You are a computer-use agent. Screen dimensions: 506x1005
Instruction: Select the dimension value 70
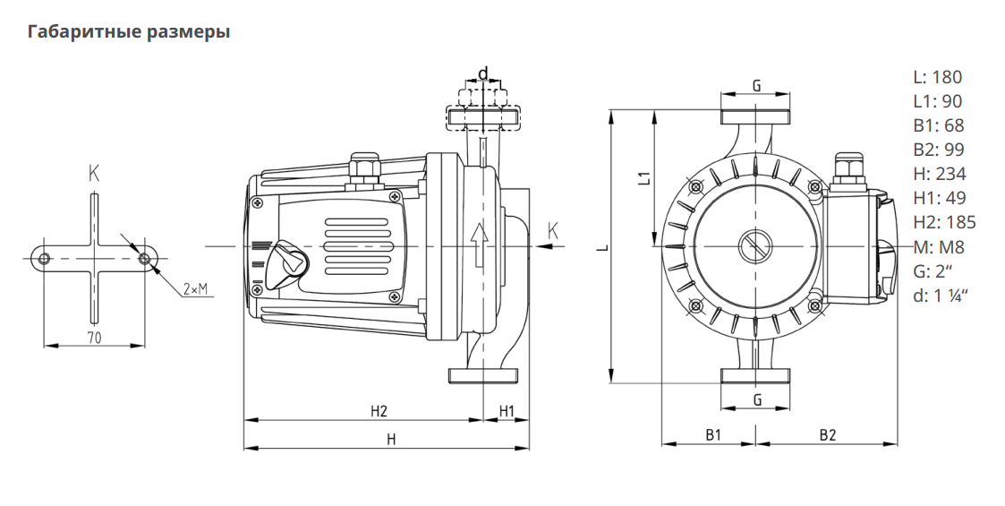click(x=93, y=338)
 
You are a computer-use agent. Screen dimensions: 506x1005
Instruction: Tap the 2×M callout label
click(x=195, y=289)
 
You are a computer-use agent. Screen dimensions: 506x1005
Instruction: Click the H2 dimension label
click(x=379, y=411)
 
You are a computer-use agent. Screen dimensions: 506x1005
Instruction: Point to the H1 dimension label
click(x=507, y=411)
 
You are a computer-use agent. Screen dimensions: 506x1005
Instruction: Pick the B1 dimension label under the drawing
click(x=713, y=435)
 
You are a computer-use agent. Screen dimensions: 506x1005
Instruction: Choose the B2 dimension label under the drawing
click(x=827, y=435)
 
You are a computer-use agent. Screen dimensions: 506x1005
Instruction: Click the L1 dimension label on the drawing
click(x=643, y=177)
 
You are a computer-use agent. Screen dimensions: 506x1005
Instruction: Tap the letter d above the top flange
click(x=483, y=73)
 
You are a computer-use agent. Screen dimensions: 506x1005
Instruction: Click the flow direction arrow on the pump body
click(x=480, y=236)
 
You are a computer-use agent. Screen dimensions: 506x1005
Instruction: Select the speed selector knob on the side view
click(x=290, y=259)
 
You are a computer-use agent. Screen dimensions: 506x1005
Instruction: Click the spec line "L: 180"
click(x=937, y=77)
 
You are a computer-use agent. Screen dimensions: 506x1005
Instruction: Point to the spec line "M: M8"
click(x=938, y=246)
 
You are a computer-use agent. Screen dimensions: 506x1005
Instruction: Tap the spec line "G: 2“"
click(x=933, y=270)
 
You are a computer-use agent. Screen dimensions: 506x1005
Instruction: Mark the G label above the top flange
click(x=756, y=86)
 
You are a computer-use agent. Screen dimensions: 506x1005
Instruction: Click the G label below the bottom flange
click(x=757, y=399)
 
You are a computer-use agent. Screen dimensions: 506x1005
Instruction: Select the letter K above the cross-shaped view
click(x=94, y=174)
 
